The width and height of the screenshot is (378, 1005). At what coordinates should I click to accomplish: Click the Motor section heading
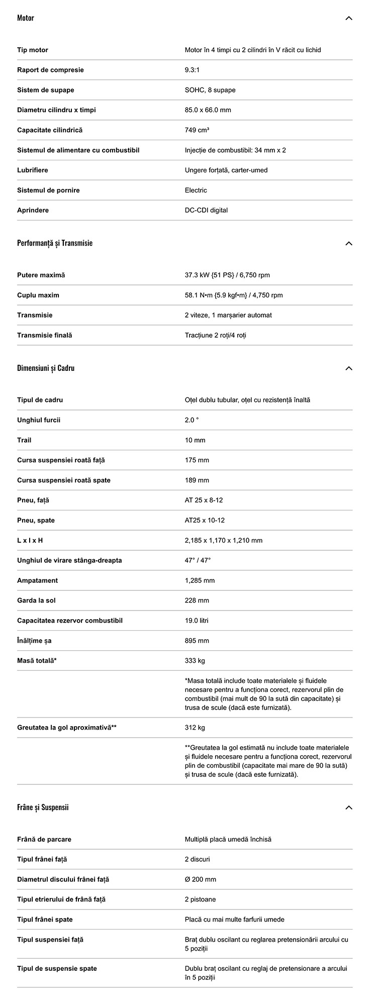click(26, 18)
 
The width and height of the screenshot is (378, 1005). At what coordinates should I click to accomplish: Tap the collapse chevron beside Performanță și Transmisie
click(349, 244)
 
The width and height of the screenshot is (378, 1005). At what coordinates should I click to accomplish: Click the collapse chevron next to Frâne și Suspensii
click(349, 808)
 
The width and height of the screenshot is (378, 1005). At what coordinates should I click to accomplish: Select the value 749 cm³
click(197, 130)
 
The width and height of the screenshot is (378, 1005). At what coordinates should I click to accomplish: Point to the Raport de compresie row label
click(50, 70)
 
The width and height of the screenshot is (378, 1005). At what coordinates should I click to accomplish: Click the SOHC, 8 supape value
click(210, 90)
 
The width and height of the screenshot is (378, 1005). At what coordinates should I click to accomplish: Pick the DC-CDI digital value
click(206, 210)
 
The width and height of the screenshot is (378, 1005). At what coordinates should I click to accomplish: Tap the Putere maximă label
click(41, 275)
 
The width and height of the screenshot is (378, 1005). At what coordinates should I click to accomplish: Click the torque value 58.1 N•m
click(234, 295)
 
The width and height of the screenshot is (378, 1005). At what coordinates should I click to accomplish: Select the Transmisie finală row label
click(45, 335)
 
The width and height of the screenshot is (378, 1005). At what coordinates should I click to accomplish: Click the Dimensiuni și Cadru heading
click(46, 368)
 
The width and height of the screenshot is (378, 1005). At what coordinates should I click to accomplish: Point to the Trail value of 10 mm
click(195, 440)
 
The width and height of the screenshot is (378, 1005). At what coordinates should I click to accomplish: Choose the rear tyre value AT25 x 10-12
click(205, 520)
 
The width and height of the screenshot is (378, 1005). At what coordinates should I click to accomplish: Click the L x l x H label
click(30, 540)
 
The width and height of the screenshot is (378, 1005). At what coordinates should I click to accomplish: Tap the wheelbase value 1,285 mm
click(200, 580)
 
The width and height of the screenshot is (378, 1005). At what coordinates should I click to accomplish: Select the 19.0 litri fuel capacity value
click(197, 621)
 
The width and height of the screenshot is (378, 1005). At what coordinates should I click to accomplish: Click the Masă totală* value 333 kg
click(195, 661)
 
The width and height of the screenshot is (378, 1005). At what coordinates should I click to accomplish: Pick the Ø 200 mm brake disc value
click(201, 879)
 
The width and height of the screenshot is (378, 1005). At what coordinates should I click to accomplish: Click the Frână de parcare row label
click(44, 839)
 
